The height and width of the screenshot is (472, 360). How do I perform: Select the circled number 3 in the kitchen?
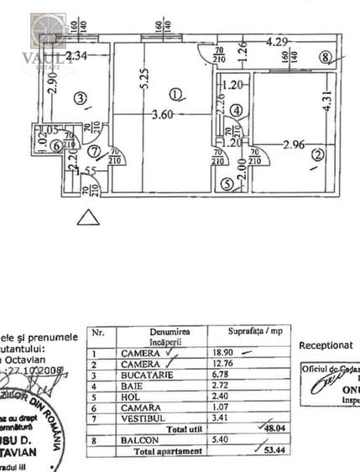(80, 99)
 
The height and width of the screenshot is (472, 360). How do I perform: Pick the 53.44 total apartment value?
(269, 450)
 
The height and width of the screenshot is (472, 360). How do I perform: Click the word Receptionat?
(326, 345)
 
